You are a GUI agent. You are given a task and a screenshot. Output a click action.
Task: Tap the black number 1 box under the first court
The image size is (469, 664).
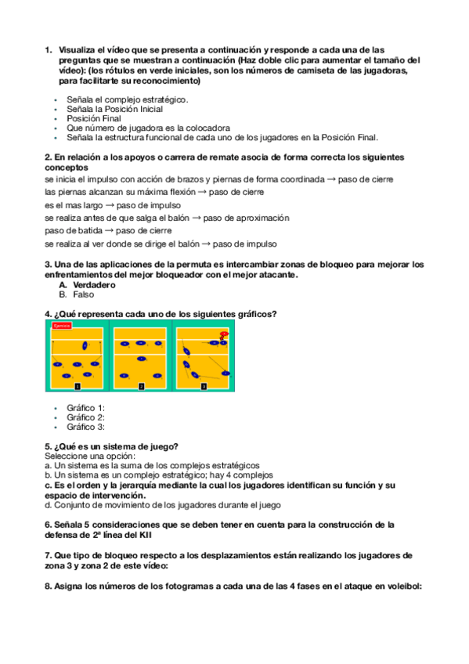77,386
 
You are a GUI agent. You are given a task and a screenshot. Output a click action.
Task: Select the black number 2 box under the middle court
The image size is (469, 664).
141,386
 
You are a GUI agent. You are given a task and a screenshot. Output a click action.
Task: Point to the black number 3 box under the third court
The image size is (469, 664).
204,386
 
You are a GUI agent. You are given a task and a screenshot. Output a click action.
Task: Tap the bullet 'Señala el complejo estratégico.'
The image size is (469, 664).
127,100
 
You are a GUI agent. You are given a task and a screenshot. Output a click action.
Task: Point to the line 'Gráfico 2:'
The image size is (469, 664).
85,417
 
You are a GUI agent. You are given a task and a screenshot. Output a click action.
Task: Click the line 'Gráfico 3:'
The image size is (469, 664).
85,427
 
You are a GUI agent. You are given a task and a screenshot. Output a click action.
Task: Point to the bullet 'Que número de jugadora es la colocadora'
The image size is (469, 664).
148,128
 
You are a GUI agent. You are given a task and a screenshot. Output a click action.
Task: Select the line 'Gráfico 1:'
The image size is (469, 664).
85,408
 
